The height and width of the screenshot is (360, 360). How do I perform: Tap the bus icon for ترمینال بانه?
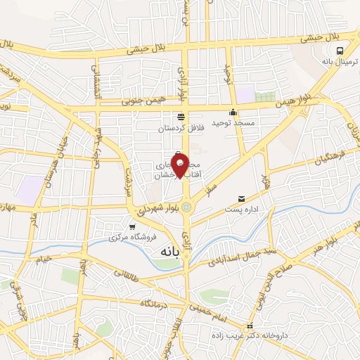[340, 51]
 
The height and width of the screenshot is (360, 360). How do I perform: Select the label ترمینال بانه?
[340, 63]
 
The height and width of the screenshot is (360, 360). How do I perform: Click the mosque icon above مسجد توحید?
[233, 112]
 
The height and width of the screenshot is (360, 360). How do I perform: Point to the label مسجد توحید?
[233, 124]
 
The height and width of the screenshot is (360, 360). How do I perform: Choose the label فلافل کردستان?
[181, 129]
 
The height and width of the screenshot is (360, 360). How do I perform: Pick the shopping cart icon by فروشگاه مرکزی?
[132, 226]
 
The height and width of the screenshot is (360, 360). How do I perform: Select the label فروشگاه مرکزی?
[131, 238]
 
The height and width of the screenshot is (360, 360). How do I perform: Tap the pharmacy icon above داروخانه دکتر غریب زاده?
[250, 326]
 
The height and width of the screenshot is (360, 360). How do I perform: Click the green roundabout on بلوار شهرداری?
[186, 207]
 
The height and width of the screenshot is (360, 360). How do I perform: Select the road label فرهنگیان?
[313, 165]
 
